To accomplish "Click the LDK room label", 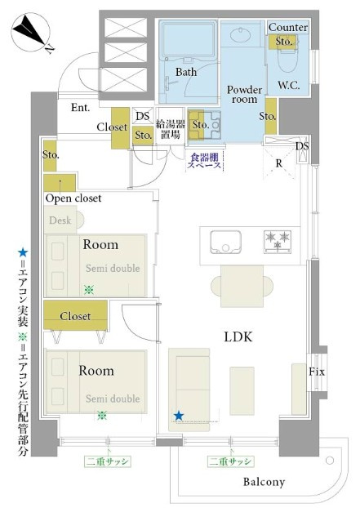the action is pyautogui.click(x=238, y=337).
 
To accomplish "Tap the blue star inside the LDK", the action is pyautogui.click(x=179, y=416).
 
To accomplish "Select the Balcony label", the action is pyautogui.click(x=264, y=482).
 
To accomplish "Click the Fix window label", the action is pyautogui.click(x=316, y=372).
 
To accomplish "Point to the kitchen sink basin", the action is pyautogui.click(x=225, y=242).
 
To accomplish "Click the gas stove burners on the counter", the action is pyautogui.click(x=278, y=242).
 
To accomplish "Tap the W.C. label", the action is pyautogui.click(x=289, y=86).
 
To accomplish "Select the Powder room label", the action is pyautogui.click(x=244, y=94).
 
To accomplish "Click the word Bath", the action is pyautogui.click(x=186, y=72).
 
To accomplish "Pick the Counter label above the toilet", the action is pyautogui.click(x=288, y=27).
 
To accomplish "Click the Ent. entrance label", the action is pyautogui.click(x=80, y=107).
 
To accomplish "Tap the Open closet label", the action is pyautogui.click(x=73, y=198).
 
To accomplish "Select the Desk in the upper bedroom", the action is pyautogui.click(x=60, y=221).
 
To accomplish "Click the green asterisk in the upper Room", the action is pyautogui.click(x=89, y=290).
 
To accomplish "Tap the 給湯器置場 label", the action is pyautogui.click(x=171, y=129).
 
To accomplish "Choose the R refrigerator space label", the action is pyautogui.click(x=278, y=163).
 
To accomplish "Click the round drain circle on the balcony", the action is pyautogui.click(x=330, y=460).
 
